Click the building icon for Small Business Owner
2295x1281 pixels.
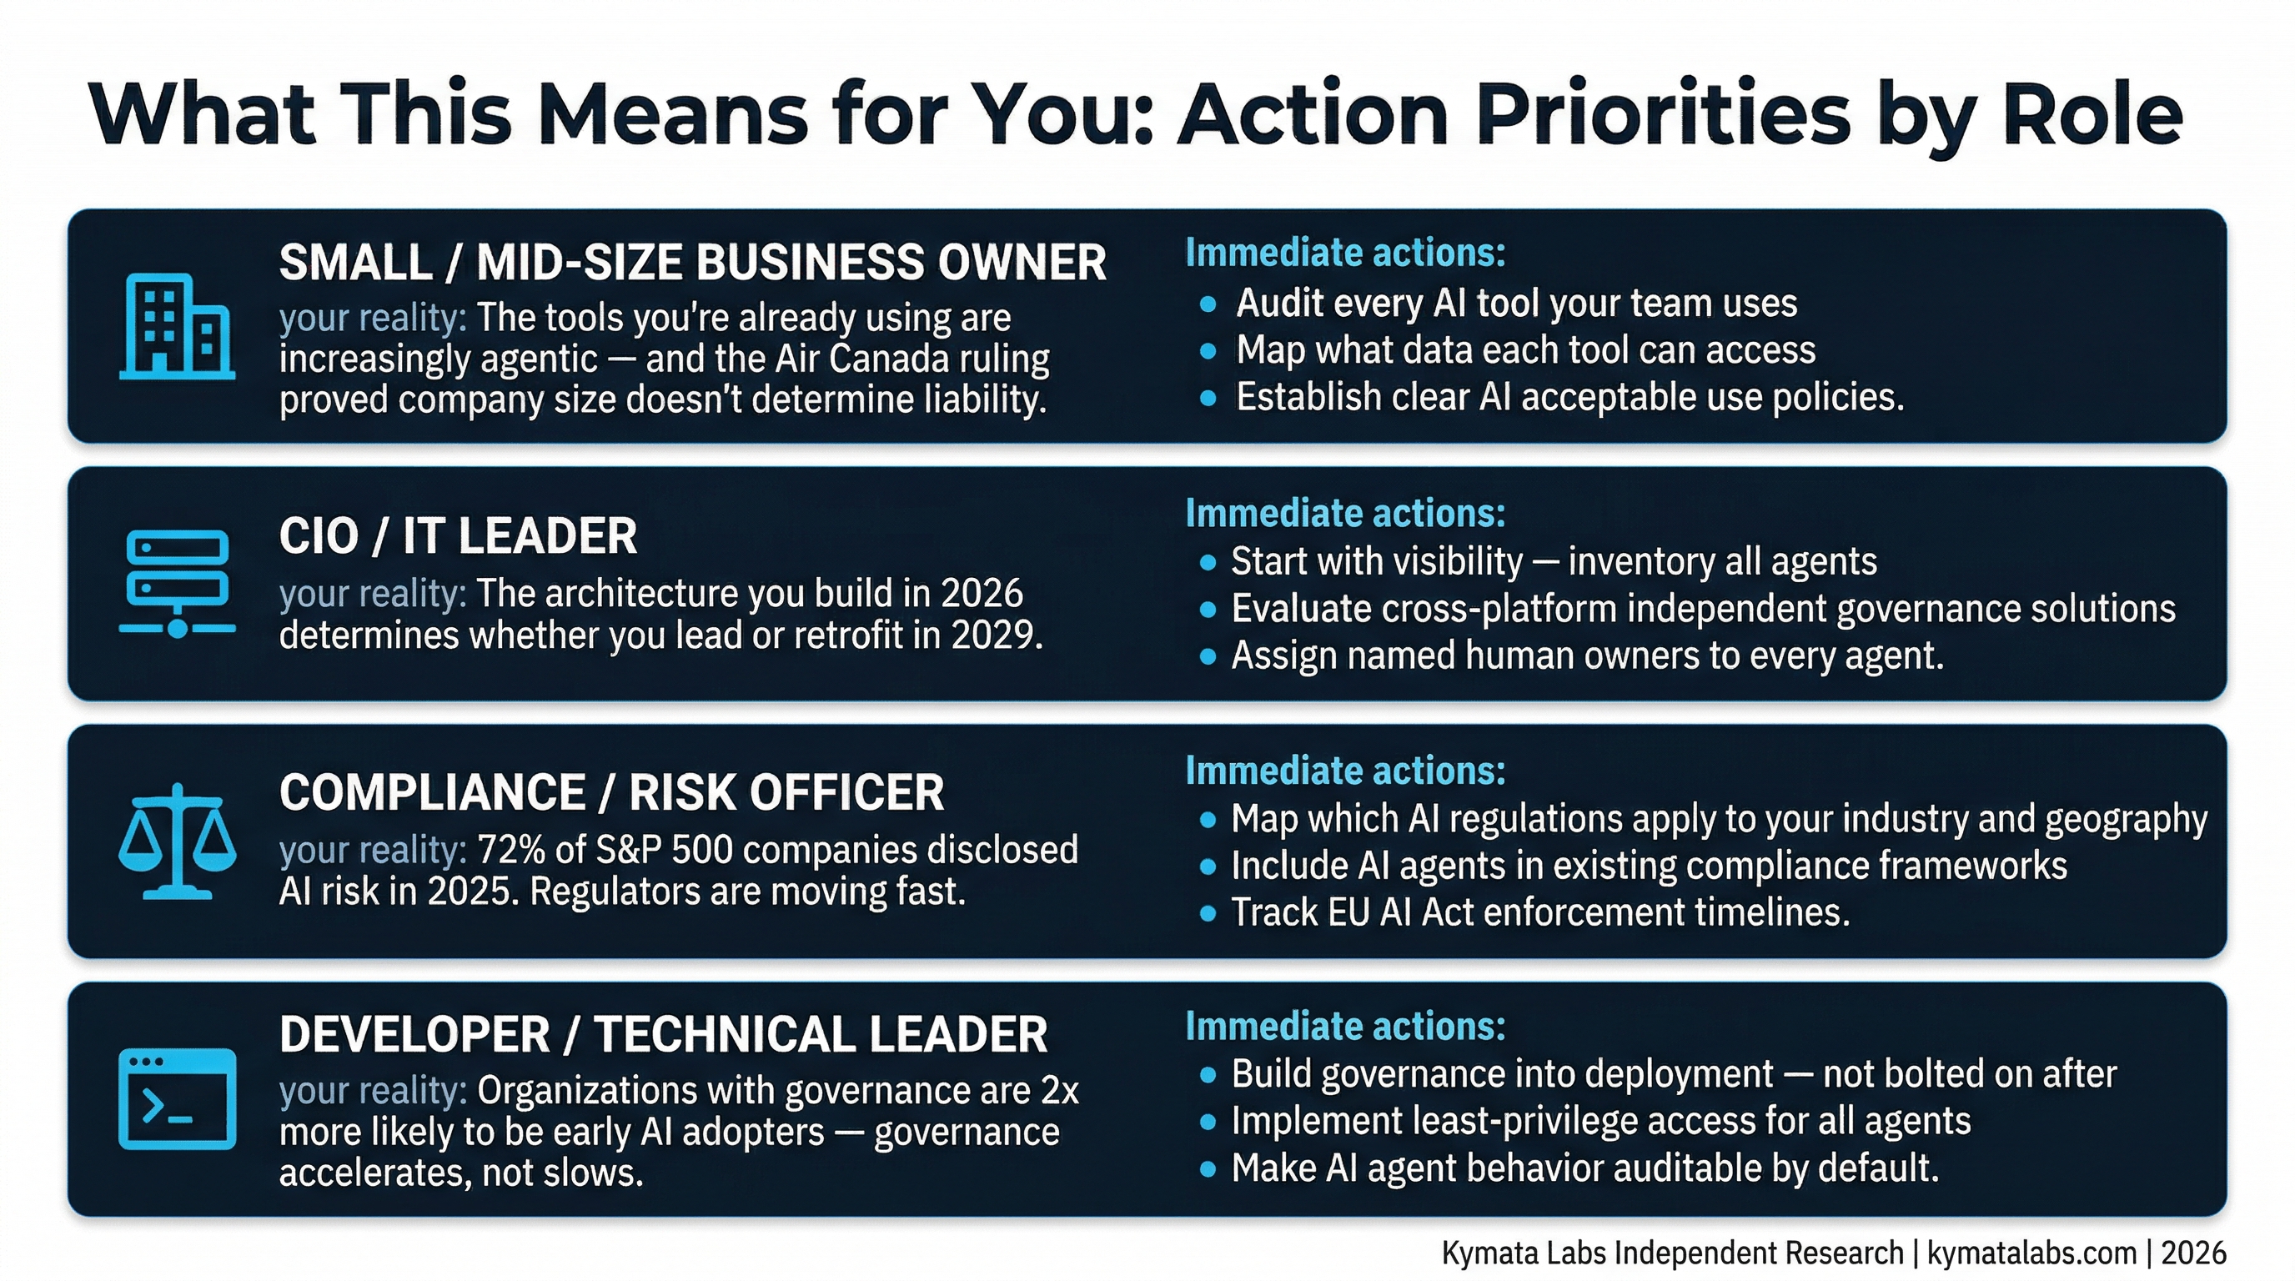click(x=178, y=327)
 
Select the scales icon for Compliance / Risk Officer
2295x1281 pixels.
click(x=178, y=841)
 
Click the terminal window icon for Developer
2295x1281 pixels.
click(x=178, y=1098)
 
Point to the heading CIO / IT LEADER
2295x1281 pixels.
click(x=458, y=536)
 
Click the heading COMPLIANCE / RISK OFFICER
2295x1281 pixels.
click(x=611, y=793)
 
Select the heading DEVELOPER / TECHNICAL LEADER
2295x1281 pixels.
click(x=663, y=1034)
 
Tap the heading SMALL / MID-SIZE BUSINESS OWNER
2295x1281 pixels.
click(x=692, y=263)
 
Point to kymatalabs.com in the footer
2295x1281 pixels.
click(x=2032, y=1253)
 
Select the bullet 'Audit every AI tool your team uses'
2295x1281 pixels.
click(x=1516, y=304)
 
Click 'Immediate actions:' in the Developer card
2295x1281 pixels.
click(x=1345, y=1027)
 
